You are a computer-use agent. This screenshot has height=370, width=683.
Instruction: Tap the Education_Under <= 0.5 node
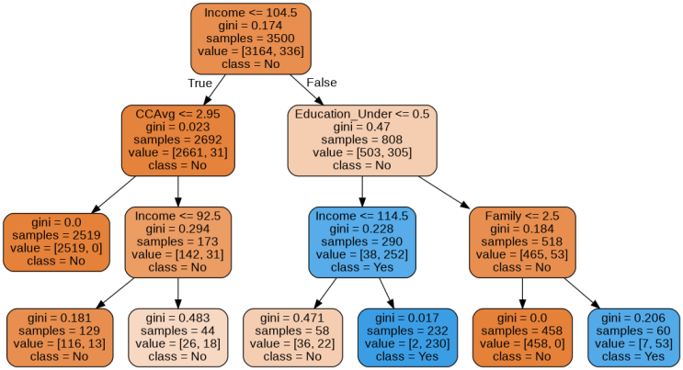(x=361, y=140)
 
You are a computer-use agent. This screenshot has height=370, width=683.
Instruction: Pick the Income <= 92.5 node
(x=177, y=241)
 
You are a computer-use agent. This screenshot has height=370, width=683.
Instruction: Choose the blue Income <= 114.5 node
(x=361, y=241)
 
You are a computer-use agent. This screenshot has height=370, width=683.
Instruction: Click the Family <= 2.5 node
(x=522, y=241)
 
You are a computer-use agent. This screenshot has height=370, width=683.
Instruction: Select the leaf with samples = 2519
(x=55, y=241)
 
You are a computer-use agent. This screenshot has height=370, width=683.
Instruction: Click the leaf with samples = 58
(x=292, y=337)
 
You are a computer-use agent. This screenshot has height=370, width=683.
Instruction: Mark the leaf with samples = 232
(x=407, y=337)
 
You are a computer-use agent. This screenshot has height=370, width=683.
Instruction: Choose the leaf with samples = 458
(x=522, y=337)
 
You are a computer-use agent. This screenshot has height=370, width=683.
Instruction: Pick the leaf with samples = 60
(x=634, y=337)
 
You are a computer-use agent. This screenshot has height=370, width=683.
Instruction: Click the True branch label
(x=199, y=84)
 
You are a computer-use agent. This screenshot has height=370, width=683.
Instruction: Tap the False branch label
(x=321, y=84)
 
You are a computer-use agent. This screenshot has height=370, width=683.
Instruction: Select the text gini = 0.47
(x=361, y=127)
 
